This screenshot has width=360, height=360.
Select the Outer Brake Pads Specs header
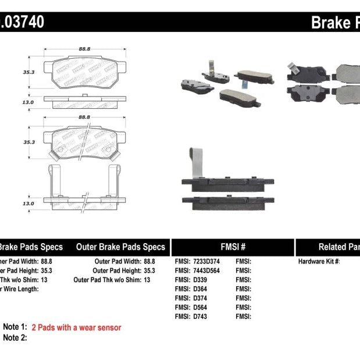120,247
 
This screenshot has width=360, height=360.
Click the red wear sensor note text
76,327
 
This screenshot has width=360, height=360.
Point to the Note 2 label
15,338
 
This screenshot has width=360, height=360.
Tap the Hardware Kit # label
319,261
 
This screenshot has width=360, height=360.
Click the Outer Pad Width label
116,261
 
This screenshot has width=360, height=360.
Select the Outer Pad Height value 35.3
149,270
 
